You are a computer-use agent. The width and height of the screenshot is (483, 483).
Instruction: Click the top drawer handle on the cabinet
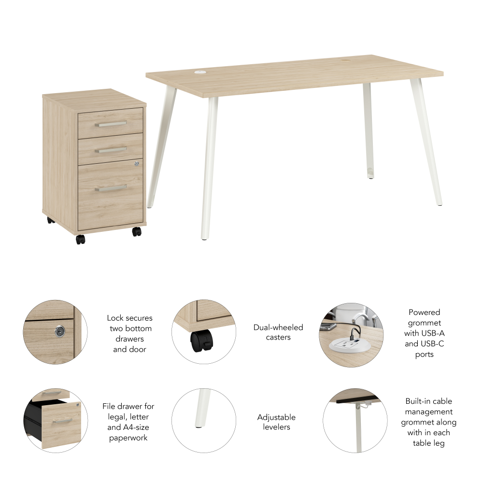pyautogui.click(x=111, y=124)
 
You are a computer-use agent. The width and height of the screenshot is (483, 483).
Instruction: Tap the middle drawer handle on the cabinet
pyautogui.click(x=111, y=150)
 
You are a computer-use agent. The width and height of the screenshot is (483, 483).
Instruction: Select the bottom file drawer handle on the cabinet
pyautogui.click(x=111, y=187)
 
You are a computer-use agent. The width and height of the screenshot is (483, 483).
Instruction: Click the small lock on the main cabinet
pyautogui.click(x=137, y=164)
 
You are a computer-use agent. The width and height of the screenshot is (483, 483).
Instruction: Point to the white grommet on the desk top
pyautogui.click(x=200, y=73)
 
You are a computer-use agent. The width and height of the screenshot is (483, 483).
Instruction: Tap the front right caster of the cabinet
pyautogui.click(x=137, y=232)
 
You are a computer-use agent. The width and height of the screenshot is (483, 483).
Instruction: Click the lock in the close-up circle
pyautogui.click(x=60, y=331)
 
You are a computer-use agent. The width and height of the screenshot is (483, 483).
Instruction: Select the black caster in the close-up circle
pyautogui.click(x=202, y=341)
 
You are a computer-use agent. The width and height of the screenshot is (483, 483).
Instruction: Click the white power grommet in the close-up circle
pyautogui.click(x=350, y=344)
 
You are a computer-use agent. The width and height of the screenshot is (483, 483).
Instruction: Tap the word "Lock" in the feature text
pyautogui.click(x=114, y=318)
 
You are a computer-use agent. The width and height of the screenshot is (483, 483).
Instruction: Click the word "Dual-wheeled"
pyautogui.click(x=278, y=327)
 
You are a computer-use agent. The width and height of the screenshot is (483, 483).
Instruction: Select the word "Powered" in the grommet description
pyautogui.click(x=424, y=312)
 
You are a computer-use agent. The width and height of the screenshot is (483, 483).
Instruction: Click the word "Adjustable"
pyautogui.click(x=276, y=417)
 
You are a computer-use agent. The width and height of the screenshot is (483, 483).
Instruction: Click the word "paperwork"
pyautogui.click(x=128, y=438)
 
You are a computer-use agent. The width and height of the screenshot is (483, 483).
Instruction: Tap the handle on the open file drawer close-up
pyautogui.click(x=62, y=421)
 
